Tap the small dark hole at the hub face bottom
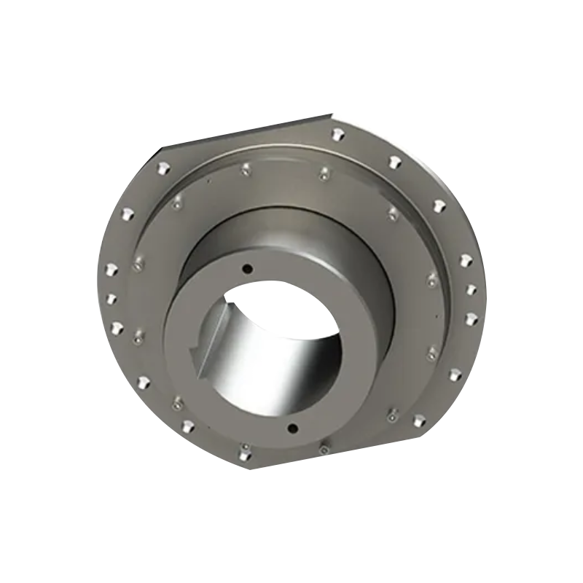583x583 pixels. click(293, 426)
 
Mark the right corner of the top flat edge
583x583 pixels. click(332, 114)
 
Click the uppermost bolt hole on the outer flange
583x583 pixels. click(337, 134)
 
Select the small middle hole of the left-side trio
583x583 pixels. click(111, 298)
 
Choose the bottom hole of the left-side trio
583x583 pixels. click(114, 327)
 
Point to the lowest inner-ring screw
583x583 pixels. click(323, 450)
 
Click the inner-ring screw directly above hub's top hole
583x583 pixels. click(244, 170)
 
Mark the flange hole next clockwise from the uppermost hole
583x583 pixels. click(394, 162)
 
